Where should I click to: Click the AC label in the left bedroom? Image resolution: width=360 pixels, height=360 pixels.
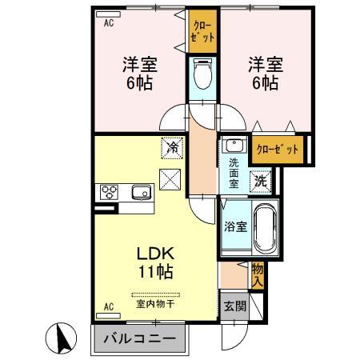(109, 23)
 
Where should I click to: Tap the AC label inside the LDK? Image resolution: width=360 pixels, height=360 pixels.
(109, 307)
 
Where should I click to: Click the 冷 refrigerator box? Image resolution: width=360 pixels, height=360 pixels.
(172, 146)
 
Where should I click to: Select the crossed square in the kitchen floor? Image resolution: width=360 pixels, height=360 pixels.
(170, 180)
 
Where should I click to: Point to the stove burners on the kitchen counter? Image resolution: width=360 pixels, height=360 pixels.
(108, 192)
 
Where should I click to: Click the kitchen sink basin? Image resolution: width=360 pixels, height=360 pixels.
(142, 192)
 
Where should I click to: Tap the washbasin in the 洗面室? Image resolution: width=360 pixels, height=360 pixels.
(234, 146)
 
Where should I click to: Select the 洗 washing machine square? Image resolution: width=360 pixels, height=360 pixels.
(260, 181)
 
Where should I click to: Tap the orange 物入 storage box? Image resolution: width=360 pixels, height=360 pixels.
(257, 276)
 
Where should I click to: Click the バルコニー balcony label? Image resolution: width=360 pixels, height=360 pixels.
(139, 338)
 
